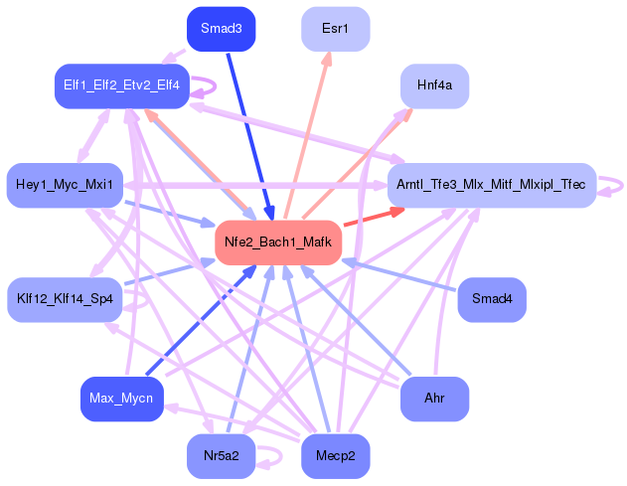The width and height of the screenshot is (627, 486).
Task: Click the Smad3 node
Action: coord(221,29)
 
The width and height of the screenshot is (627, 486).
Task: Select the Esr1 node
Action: coord(335,29)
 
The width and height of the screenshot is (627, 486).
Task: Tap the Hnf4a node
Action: coord(434,86)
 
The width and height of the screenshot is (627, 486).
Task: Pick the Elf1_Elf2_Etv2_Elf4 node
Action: coord(121,86)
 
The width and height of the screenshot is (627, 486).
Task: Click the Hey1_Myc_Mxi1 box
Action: coord(65,185)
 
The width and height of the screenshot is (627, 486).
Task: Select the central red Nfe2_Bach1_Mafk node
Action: coord(278,242)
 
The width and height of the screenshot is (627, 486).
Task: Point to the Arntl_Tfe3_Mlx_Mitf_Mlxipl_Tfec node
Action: coord(491,185)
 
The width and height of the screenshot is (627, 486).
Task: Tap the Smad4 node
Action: coord(491,299)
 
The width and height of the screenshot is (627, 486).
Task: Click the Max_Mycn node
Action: coord(121,399)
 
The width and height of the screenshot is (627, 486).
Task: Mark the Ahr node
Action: coord(434,399)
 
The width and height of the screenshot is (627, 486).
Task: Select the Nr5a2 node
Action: coord(221,456)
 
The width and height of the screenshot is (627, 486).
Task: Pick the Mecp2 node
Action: coord(335,456)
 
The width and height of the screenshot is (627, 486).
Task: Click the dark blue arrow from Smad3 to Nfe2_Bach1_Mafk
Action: coord(246,129)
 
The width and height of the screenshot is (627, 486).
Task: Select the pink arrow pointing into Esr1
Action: coord(308,129)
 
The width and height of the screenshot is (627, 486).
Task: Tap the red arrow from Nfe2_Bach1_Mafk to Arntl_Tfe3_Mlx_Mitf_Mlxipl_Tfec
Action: coord(373,217)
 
